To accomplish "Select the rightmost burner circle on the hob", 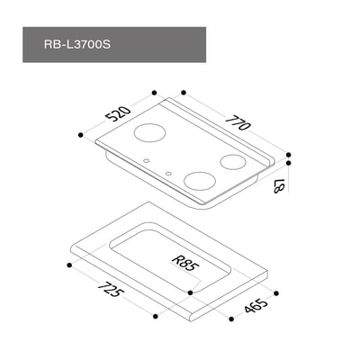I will point(233,163).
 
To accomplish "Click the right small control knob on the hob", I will point(168,171).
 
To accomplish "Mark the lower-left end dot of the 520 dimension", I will point(82,134).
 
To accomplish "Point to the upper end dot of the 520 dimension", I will point(156,92).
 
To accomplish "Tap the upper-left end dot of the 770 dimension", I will point(182,92).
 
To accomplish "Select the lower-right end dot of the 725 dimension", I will point(156,317).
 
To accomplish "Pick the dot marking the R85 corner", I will point(190,291).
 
